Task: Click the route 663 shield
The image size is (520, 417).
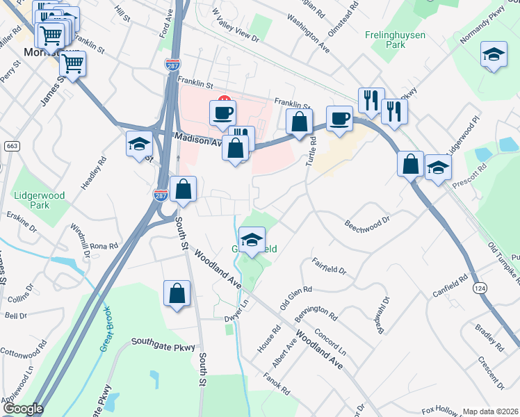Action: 11,146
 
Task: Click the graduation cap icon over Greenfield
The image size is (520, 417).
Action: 252,240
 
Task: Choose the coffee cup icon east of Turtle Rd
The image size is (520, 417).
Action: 339,117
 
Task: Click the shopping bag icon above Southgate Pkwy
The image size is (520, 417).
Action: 177,293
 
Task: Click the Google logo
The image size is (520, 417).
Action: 23,409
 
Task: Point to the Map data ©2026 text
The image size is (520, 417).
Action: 491,411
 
